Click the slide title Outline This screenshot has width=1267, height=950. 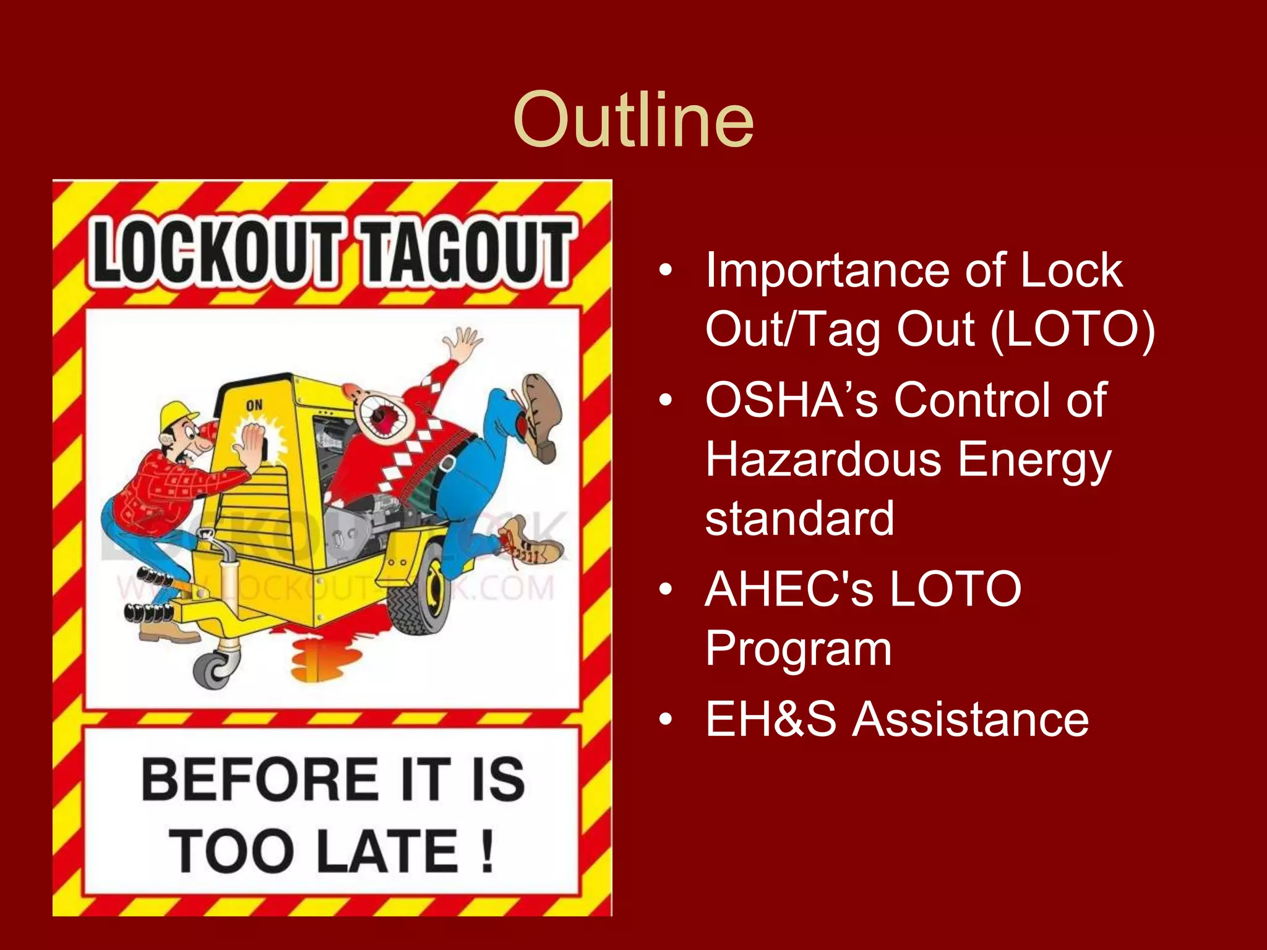click(633, 120)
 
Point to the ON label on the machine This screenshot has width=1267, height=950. click(254, 405)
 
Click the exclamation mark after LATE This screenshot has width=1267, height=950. click(487, 852)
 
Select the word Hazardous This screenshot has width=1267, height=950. click(823, 460)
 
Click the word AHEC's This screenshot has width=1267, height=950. click(789, 589)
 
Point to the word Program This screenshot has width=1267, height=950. click(798, 649)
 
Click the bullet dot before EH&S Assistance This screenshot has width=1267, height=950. click(665, 720)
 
